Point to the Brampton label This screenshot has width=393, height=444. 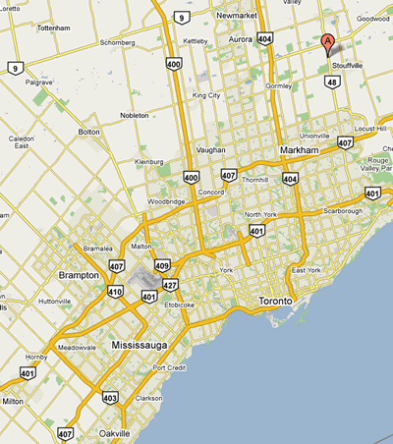(79, 276)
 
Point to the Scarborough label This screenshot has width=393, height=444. (344, 211)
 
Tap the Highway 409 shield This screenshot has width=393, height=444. (162, 264)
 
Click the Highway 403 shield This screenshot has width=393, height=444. (108, 398)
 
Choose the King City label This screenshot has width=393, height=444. (206, 95)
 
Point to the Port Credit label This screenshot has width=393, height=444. (170, 367)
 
